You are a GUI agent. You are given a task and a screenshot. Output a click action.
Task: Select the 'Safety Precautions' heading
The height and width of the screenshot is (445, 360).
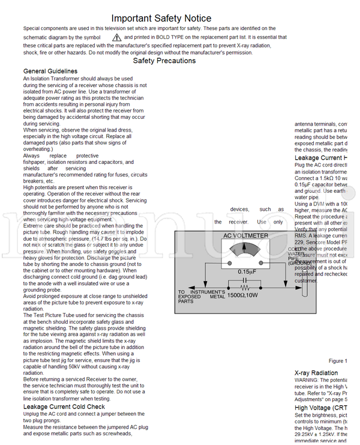coord(164,61)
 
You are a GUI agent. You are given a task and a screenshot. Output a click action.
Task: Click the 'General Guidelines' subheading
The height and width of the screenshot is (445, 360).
coord(50,71)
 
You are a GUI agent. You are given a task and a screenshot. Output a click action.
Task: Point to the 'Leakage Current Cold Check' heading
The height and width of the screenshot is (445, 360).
coord(64,407)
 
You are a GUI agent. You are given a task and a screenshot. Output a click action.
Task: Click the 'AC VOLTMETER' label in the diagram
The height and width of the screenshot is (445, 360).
coord(245,236)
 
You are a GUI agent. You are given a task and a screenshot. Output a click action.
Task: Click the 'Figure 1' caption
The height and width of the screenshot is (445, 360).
coord(338,361)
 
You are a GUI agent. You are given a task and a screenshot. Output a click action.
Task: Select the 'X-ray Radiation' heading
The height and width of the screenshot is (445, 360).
coord(316,373)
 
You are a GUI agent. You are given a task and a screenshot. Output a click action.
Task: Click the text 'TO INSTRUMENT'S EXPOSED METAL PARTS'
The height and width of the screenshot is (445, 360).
coord(201,296)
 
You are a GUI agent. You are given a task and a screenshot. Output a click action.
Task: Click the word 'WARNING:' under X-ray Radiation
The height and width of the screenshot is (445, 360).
coord(307,381)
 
